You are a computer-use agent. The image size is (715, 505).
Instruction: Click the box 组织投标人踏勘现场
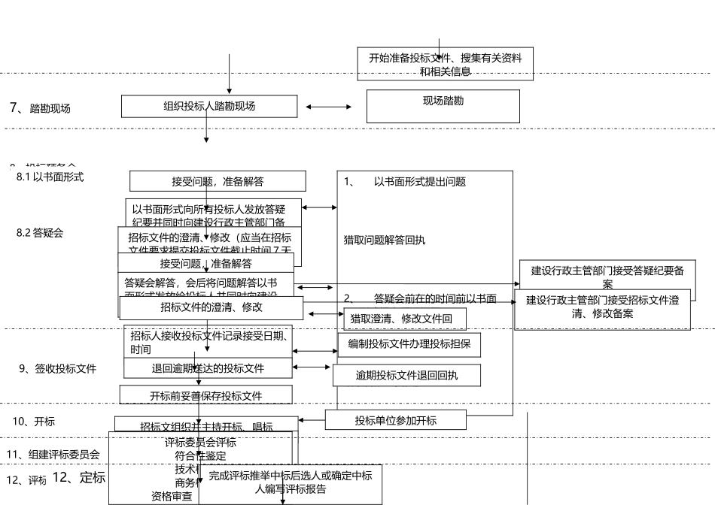click(209, 106)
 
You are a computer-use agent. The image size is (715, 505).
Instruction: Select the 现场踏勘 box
click(443, 106)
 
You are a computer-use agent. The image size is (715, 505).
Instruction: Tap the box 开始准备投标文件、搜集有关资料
click(445, 64)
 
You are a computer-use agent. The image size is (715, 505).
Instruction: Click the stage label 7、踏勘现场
click(40, 108)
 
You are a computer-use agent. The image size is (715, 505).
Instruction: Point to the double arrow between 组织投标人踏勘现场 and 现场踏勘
click(329, 107)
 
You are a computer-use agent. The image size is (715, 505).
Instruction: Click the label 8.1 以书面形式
click(50, 177)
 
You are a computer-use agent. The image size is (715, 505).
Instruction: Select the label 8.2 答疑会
click(40, 233)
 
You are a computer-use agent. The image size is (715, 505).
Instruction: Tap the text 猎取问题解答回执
click(385, 240)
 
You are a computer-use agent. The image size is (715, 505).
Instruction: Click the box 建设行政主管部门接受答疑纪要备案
click(607, 277)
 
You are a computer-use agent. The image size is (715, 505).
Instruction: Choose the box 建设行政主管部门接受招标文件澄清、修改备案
click(602, 307)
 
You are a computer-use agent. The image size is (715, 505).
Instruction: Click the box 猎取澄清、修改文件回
click(405, 319)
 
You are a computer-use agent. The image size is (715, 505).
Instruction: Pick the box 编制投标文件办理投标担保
click(409, 344)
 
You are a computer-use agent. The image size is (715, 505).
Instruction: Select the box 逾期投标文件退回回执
click(406, 375)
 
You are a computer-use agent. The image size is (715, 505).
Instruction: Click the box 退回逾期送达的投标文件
click(208, 368)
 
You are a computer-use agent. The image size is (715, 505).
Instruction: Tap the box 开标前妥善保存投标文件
click(206, 395)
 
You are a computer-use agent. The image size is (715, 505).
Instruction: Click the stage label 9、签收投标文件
click(58, 369)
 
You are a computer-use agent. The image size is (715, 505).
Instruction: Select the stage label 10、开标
click(33, 422)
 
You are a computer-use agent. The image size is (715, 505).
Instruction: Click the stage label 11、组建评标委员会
click(53, 455)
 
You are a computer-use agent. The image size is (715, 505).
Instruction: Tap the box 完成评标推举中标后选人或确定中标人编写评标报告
click(290, 482)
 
